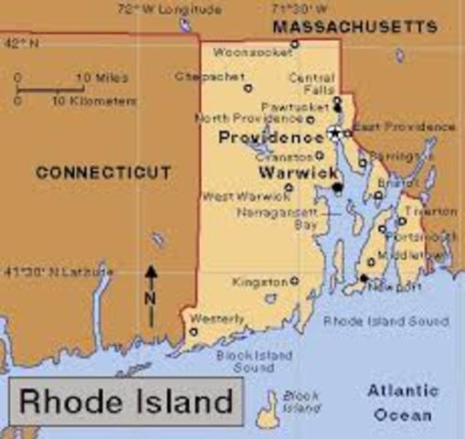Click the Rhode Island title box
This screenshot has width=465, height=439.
(x=126, y=400)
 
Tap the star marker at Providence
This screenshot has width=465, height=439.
(x=334, y=134)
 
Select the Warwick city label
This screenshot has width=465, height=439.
(x=290, y=171)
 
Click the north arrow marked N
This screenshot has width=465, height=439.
(x=151, y=295)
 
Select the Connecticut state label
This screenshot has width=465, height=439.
(x=102, y=172)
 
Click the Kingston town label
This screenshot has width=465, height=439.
(x=259, y=281)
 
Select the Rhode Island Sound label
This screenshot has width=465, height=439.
(x=386, y=322)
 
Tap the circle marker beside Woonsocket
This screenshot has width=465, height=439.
(x=294, y=43)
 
